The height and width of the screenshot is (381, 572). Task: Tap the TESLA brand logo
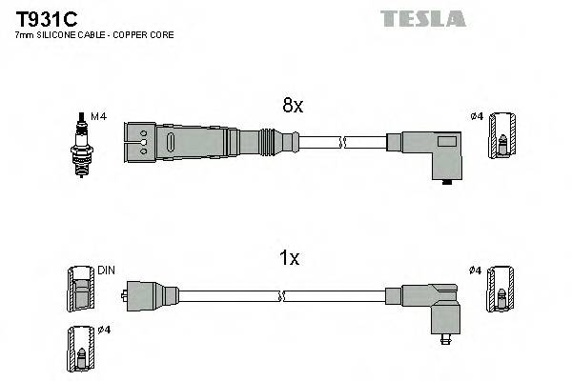tap(422, 18)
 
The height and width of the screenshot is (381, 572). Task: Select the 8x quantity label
tap(292, 106)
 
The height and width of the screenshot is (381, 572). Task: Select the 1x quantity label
tap(290, 259)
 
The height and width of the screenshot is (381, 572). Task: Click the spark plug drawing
tap(81, 142)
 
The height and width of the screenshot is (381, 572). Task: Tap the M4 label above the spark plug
tap(96, 116)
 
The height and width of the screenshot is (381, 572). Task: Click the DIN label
tap(106, 271)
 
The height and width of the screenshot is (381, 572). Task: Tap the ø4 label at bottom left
tap(105, 330)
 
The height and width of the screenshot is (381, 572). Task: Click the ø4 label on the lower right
tap(476, 271)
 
